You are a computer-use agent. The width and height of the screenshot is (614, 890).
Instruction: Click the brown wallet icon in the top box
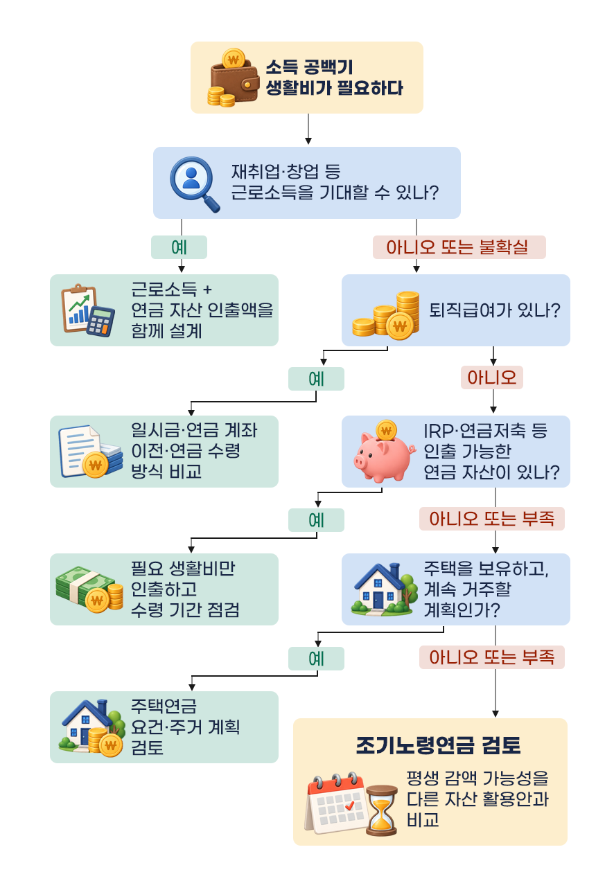point(233,78)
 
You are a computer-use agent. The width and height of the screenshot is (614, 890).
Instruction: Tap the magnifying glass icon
point(195,184)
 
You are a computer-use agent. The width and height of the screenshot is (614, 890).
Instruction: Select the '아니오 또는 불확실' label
point(459,247)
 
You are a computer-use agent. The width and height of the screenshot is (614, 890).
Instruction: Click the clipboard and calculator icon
point(88,310)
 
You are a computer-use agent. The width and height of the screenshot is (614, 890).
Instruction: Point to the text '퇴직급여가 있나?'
point(494,310)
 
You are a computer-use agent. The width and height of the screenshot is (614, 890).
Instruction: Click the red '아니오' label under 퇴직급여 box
point(492,377)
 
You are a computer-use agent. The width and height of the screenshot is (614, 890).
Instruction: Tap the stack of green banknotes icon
point(89,589)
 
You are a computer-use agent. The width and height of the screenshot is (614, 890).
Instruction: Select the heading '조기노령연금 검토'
point(438,745)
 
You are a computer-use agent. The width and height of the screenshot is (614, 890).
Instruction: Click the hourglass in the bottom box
point(382,810)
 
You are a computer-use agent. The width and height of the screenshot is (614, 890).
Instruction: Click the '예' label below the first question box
point(179,247)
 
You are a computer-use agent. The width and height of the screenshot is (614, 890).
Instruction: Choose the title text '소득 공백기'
point(309,66)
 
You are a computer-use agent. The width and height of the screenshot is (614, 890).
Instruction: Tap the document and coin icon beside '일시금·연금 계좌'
point(90,452)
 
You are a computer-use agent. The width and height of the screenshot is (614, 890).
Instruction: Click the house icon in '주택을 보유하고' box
point(384,589)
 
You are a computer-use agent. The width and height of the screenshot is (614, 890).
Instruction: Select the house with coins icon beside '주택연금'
point(92,728)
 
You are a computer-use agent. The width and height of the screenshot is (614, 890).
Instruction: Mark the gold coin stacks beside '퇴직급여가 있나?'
point(386,315)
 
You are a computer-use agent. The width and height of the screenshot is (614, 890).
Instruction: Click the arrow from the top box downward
point(308,129)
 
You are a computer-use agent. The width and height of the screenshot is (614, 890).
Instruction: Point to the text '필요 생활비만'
point(183,569)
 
